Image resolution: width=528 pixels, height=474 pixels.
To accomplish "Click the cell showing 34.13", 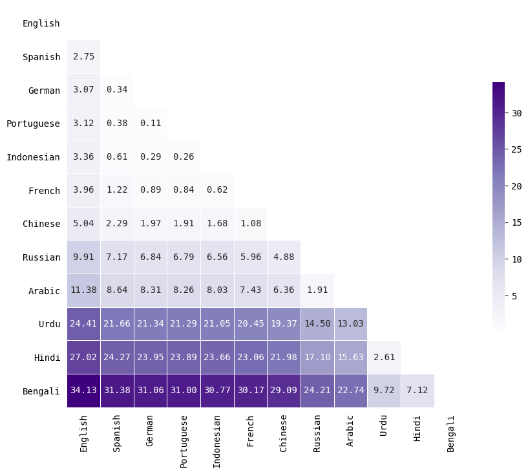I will (x=83, y=391).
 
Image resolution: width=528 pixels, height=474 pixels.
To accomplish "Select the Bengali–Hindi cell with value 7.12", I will (x=417, y=391).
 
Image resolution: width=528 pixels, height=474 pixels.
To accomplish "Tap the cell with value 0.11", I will (x=150, y=124).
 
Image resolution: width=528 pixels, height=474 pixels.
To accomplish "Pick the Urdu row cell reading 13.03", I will (x=350, y=324).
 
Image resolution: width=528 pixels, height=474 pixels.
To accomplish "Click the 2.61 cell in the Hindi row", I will (x=384, y=357).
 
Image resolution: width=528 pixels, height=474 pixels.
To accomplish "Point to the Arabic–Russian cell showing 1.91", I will (x=317, y=290).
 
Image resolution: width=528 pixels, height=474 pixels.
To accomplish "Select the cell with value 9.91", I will (x=83, y=257).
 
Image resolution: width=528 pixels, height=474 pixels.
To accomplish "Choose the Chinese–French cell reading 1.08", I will (x=250, y=224).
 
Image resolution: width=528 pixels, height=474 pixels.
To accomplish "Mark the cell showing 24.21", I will (x=317, y=391).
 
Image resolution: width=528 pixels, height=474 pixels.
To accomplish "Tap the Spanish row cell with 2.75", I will (x=83, y=57).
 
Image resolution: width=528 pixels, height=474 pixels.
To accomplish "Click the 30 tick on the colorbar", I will (x=516, y=113).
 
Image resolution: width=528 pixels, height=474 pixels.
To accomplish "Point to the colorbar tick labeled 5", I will (x=514, y=296).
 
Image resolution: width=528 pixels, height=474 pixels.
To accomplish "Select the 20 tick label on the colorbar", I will (x=516, y=186).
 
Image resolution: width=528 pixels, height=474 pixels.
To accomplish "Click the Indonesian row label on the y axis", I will (x=33, y=157).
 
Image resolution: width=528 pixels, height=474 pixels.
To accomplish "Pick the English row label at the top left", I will (x=41, y=23).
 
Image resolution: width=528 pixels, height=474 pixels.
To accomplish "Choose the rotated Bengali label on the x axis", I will (x=451, y=433).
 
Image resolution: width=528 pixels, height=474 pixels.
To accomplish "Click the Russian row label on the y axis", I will (x=41, y=257).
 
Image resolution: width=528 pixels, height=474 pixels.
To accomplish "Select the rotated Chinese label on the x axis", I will (x=284, y=433).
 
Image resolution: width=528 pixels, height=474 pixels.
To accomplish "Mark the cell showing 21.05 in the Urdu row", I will (x=217, y=324).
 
